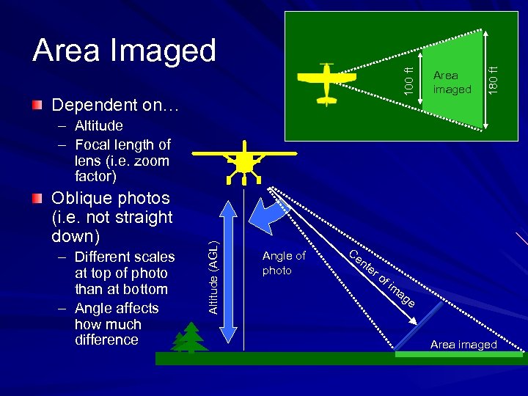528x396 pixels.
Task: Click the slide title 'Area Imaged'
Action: tap(124, 50)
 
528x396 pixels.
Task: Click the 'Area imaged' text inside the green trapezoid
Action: tap(452, 82)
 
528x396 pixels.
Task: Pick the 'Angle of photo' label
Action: tap(283, 263)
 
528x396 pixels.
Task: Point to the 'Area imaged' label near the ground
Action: tap(463, 344)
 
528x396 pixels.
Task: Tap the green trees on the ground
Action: tap(188, 338)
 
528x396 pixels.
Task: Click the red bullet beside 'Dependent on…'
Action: tap(37, 105)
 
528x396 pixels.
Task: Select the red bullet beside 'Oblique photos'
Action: tap(37, 198)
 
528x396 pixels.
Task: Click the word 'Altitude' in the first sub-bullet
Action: tap(99, 126)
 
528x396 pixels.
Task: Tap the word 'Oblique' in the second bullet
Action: tap(81, 198)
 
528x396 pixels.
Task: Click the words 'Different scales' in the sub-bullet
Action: tap(125, 257)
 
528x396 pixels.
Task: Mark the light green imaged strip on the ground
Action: tap(458, 354)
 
